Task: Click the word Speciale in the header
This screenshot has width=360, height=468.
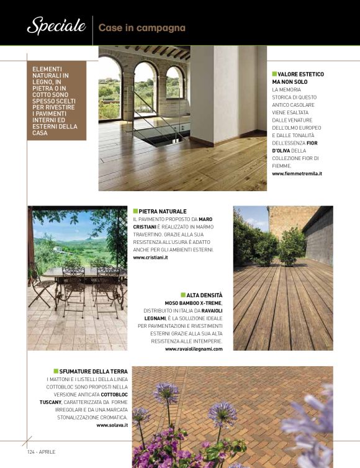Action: (56, 26)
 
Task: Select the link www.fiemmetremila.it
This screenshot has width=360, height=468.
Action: (297, 174)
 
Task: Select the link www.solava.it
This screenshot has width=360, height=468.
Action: (112, 425)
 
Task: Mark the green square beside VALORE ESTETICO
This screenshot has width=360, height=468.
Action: (274, 74)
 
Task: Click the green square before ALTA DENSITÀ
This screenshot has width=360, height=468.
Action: (183, 295)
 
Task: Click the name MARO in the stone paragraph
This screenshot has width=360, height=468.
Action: (205, 220)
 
